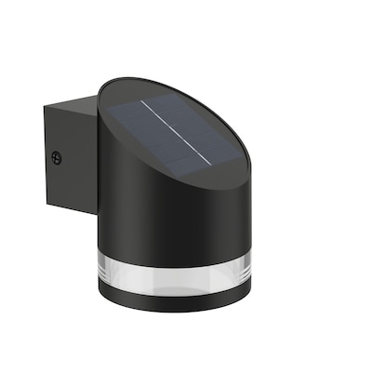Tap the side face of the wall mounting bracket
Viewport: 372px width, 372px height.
click(70, 158)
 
